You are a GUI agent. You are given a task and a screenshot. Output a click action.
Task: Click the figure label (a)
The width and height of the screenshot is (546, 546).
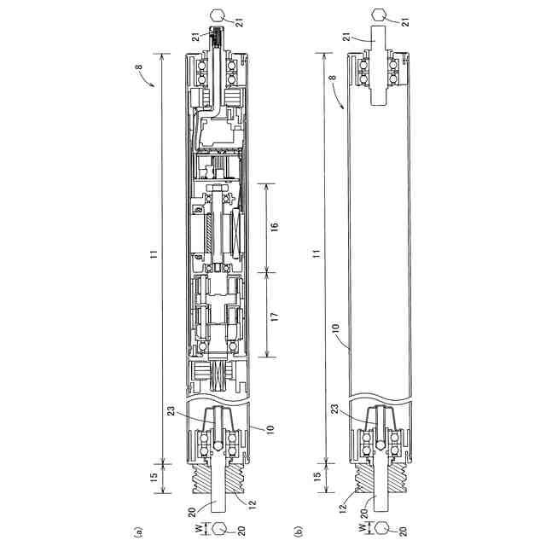click(138, 532)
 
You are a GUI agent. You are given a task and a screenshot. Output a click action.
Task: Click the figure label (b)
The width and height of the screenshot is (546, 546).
click(298, 531)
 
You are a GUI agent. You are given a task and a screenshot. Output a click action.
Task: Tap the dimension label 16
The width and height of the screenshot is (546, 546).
click(275, 225)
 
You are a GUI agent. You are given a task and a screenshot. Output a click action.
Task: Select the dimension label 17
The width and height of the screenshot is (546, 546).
click(275, 317)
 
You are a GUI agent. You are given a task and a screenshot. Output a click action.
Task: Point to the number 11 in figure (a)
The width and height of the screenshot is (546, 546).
click(154, 254)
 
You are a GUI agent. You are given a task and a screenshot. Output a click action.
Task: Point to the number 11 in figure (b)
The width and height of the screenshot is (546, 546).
click(317, 254)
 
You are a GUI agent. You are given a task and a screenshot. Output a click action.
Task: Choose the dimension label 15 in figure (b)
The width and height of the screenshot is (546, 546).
click(317, 476)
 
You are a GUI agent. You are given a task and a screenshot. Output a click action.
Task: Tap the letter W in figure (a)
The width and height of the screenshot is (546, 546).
click(198, 528)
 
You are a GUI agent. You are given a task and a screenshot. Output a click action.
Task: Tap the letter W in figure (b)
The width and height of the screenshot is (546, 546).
click(362, 527)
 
